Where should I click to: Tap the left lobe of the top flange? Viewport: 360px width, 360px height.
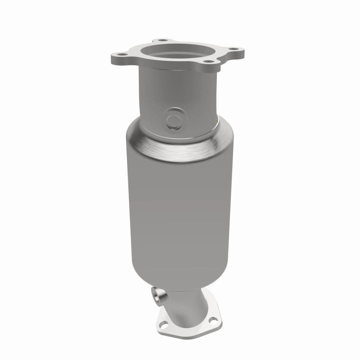tap(117, 56)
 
